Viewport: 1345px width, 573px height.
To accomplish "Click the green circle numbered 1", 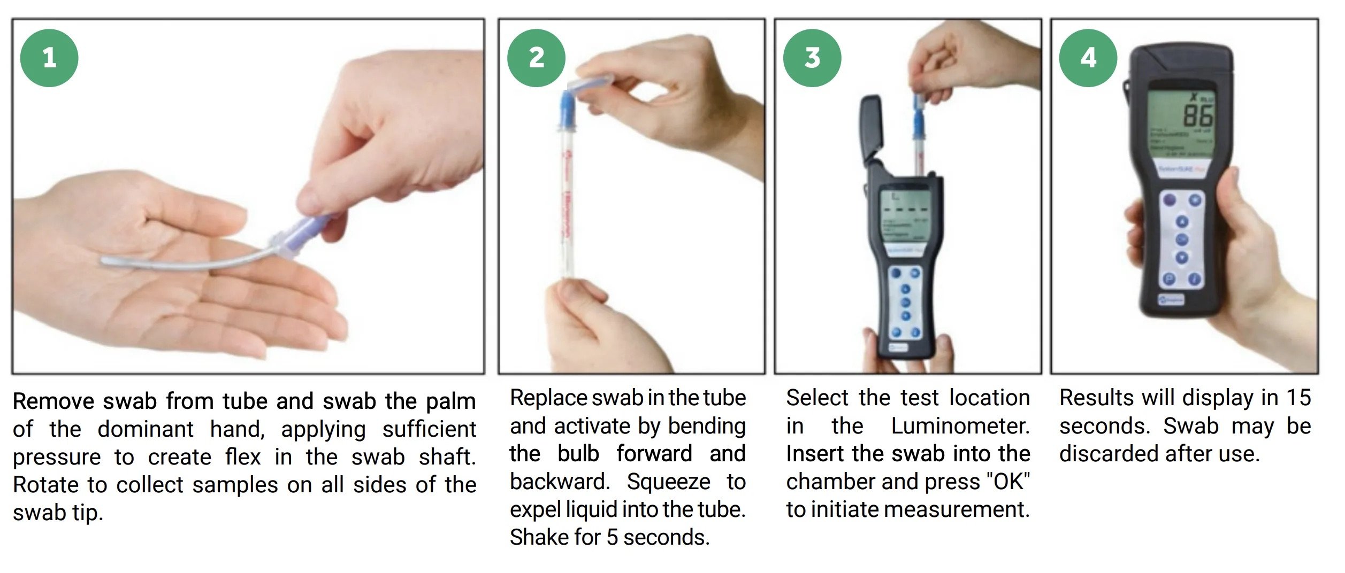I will [x=49, y=58].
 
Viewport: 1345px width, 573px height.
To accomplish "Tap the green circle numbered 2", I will [x=536, y=58].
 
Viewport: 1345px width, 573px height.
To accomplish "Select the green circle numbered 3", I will [x=812, y=58].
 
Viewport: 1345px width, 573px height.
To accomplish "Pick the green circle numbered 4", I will [x=1088, y=58].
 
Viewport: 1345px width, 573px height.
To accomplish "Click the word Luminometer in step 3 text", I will [x=960, y=427].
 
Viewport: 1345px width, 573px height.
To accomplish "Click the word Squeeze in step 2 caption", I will [x=668, y=482].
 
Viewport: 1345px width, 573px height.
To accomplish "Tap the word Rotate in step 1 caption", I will [x=46, y=485].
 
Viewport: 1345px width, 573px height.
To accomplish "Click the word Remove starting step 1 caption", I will [x=54, y=401].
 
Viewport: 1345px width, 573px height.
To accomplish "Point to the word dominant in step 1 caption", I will [x=146, y=429].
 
